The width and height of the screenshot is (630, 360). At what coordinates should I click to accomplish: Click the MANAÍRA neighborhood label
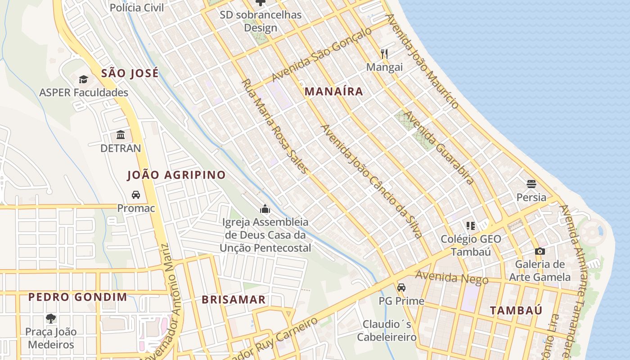(x=333, y=92)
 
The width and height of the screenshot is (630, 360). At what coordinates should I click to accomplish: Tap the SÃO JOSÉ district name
(x=130, y=73)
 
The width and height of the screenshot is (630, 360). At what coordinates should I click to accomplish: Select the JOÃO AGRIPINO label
(x=176, y=175)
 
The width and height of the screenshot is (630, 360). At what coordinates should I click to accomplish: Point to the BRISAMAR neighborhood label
(x=234, y=300)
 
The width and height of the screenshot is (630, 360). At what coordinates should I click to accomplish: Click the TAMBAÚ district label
(x=516, y=310)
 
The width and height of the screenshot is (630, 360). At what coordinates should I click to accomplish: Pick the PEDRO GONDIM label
(x=77, y=297)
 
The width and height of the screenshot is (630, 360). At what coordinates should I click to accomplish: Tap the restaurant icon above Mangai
(x=384, y=54)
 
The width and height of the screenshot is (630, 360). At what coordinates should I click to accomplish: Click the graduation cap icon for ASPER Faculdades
(x=83, y=80)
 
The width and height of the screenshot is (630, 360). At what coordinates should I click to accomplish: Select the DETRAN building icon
(x=121, y=135)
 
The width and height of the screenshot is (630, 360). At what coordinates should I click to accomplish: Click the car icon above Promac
(x=135, y=195)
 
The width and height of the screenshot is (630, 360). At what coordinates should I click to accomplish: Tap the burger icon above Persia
(x=531, y=184)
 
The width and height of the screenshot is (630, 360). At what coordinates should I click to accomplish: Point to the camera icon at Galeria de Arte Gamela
(x=540, y=251)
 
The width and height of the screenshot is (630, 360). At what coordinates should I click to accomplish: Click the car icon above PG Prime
(x=401, y=288)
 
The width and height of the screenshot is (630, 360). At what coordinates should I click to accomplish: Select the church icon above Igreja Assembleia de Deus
(x=265, y=209)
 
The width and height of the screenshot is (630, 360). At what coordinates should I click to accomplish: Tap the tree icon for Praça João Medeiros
(x=51, y=319)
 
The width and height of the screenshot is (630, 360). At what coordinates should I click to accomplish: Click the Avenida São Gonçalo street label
(x=322, y=55)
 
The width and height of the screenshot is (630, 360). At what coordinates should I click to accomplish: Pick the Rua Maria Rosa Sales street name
(x=275, y=126)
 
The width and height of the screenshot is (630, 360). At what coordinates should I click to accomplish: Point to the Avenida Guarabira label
(x=438, y=148)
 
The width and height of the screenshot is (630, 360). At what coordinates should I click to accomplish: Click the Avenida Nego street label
(x=451, y=277)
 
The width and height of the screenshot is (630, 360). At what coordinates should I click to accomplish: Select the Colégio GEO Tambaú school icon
(x=470, y=225)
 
